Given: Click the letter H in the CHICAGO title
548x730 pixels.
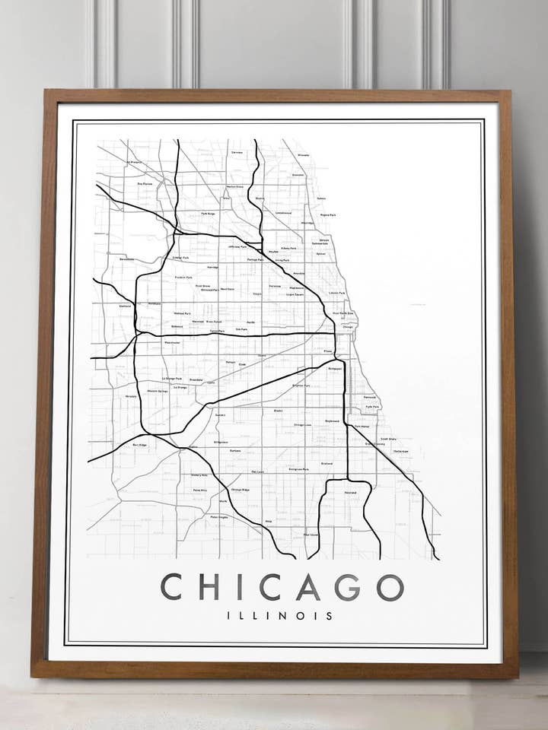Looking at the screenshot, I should coord(209,587).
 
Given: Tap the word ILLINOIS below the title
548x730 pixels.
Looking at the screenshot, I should coord(280,616).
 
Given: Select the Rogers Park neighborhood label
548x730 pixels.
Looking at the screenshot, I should coord(328,215).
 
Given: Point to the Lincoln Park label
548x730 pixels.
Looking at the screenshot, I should coord(337,293).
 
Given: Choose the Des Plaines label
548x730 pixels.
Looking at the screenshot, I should coord(145,183).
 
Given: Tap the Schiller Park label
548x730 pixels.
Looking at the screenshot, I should coord(181,259).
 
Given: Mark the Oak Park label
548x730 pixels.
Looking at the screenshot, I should coord(242,329).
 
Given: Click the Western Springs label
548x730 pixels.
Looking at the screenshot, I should coord(158,391).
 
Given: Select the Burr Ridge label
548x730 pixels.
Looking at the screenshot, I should coord(139,445).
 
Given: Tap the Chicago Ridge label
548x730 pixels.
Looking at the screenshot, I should coord(240,490).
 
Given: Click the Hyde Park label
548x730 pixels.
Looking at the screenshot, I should coord(372,407).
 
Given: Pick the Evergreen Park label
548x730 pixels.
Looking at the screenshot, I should coord(298,469).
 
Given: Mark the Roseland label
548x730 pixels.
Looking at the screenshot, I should coord(350,493).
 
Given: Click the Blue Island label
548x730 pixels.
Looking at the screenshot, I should coord(311,535).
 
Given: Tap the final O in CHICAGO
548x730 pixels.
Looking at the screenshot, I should coord(390,587).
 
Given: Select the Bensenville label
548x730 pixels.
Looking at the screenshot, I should coord(126,259).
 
